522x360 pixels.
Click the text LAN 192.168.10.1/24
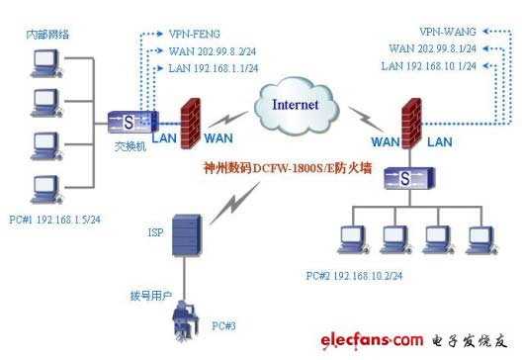click(x=430, y=64)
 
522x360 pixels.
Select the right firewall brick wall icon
click(x=410, y=116)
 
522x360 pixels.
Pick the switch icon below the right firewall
click(x=409, y=179)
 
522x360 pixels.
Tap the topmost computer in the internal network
click(x=44, y=63)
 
